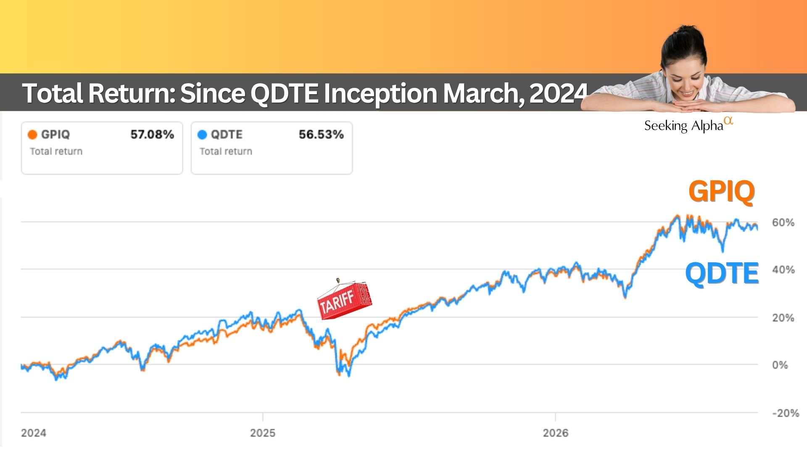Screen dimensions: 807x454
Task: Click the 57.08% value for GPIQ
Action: tap(152, 135)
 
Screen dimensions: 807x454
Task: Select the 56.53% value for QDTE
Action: tap(322, 135)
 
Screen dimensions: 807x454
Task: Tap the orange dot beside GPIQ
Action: tap(32, 135)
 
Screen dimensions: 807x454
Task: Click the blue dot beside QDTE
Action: tap(202, 135)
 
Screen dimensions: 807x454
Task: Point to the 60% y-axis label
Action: tap(783, 222)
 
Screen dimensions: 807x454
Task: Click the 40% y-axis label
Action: tap(783, 269)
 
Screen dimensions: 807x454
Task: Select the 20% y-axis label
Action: tap(783, 318)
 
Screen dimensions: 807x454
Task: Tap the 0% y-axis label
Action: tap(780, 365)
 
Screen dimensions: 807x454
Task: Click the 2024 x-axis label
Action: tap(34, 433)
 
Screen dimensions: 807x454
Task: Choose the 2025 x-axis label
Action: tap(263, 433)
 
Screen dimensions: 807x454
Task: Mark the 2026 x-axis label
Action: tap(556, 433)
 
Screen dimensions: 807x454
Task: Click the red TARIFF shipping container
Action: tap(345, 300)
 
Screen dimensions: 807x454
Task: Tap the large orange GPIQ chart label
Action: tap(722, 192)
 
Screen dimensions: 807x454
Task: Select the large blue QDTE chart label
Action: tap(722, 273)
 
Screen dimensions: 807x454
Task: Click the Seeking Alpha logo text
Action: tap(688, 125)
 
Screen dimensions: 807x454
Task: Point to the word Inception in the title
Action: tap(381, 93)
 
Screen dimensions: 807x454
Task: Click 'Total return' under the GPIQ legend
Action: tap(56, 151)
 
